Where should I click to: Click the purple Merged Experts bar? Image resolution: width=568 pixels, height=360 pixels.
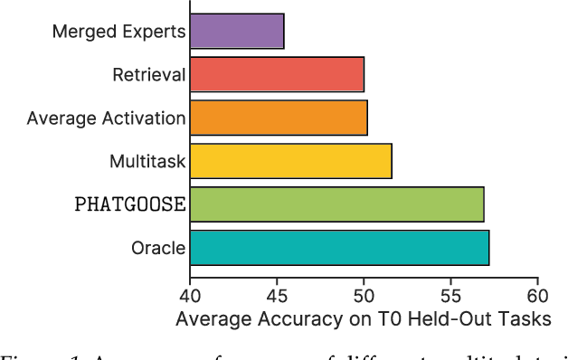(236, 32)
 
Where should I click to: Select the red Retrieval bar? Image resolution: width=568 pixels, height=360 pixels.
(277, 75)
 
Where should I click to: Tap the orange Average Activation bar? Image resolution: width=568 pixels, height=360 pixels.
(278, 118)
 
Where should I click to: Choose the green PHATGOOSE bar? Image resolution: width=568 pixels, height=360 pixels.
(336, 204)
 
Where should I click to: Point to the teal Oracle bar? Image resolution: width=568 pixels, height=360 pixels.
(339, 247)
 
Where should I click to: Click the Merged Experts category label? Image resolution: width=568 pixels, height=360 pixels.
(118, 32)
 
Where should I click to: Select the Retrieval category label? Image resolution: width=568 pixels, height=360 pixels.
(150, 75)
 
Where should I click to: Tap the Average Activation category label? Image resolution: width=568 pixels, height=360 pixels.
(107, 118)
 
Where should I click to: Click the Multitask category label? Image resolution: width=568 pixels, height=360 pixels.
(147, 161)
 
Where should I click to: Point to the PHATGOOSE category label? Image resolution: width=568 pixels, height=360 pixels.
(129, 204)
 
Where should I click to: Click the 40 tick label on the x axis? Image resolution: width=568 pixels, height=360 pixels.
(189, 295)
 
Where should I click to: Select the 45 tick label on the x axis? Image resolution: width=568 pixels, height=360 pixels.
(277, 295)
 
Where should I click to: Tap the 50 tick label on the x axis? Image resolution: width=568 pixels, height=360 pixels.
(364, 295)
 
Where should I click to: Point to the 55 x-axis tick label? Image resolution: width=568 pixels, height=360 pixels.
(450, 295)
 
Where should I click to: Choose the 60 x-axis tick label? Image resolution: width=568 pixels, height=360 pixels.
(537, 295)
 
